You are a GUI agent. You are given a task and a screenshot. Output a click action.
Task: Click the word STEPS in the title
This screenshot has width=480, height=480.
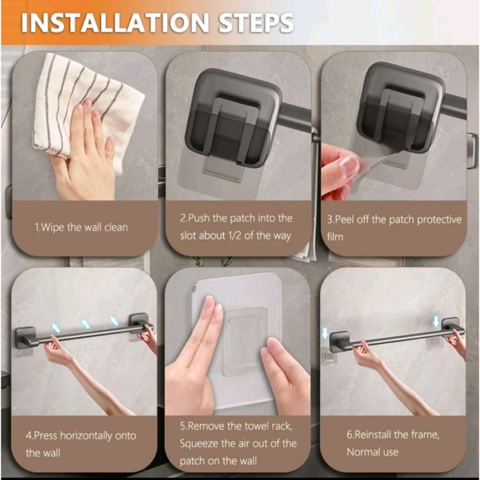click(x=256, y=22)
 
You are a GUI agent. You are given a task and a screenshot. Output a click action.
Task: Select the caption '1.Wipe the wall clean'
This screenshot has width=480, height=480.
click(x=81, y=227)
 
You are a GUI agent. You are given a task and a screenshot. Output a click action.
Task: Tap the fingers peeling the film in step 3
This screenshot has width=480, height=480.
click(x=341, y=171)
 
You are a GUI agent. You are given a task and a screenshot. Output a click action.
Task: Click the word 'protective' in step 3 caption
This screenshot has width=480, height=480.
click(x=439, y=220)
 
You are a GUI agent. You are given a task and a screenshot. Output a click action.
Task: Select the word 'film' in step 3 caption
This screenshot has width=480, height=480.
click(x=335, y=237)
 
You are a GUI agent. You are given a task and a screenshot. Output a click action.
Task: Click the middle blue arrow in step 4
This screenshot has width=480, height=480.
click(x=85, y=323)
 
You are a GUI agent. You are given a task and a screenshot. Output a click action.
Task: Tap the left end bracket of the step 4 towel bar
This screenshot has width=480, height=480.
click(x=26, y=338)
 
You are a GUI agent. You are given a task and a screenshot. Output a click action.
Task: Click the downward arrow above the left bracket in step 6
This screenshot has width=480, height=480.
click(x=325, y=333)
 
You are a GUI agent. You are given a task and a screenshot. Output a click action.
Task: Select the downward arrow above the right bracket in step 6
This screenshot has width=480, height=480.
click(x=436, y=322)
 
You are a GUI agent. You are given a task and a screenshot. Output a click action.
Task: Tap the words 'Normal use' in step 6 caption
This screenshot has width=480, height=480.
click(x=372, y=452)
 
